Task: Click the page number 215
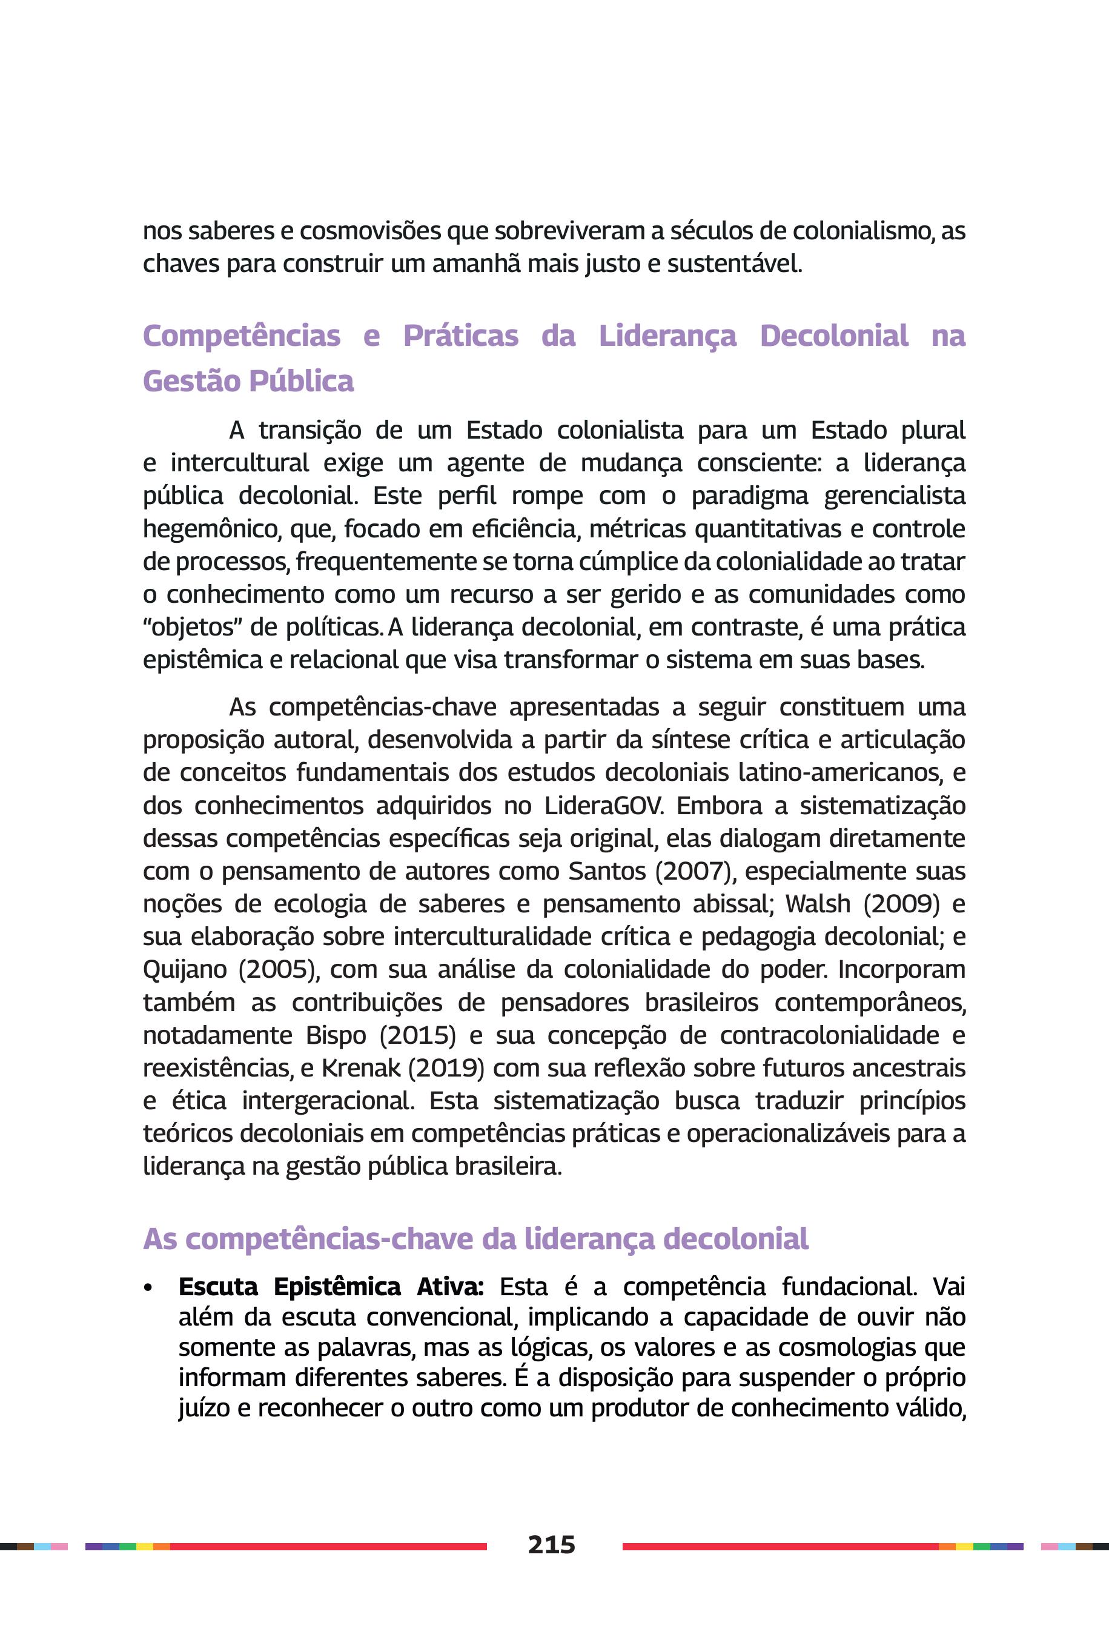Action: [x=551, y=1544]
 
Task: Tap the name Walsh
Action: [x=818, y=904]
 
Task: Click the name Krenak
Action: [x=361, y=1068]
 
